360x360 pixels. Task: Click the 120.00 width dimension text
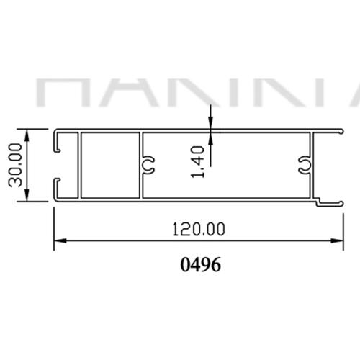(199, 229)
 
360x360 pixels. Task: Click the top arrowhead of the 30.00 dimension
(27, 133)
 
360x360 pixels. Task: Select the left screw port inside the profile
(150, 164)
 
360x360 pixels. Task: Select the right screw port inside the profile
(305, 164)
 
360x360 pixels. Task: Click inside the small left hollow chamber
(109, 165)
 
